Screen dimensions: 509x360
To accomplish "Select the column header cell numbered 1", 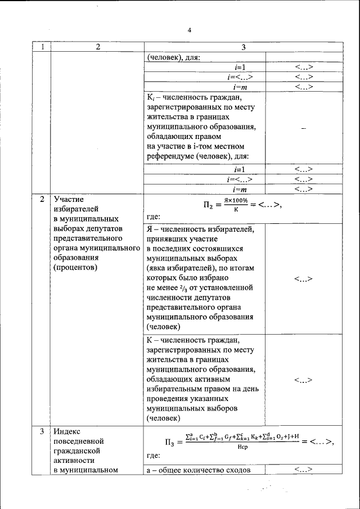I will coord(42,47).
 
